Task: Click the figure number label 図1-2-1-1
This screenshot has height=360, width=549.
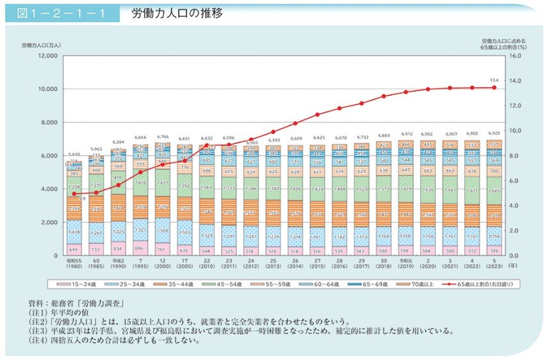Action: [x=61, y=13]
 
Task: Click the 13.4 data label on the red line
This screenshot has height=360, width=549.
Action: [x=493, y=80]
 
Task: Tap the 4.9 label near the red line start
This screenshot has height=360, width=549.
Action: [x=83, y=199]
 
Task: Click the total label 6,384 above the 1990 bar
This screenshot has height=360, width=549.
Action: [x=117, y=142]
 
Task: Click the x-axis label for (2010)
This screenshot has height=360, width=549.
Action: [x=207, y=265]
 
